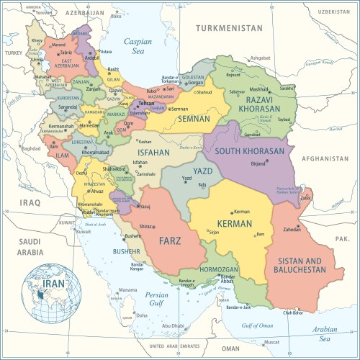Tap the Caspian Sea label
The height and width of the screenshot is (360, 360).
coord(138,47)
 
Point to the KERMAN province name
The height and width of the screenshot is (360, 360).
coord(233,225)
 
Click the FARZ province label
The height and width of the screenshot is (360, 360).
coord(171,240)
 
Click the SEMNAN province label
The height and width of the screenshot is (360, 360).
coord(194,119)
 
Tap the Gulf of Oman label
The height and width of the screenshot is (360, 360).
coord(257,325)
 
